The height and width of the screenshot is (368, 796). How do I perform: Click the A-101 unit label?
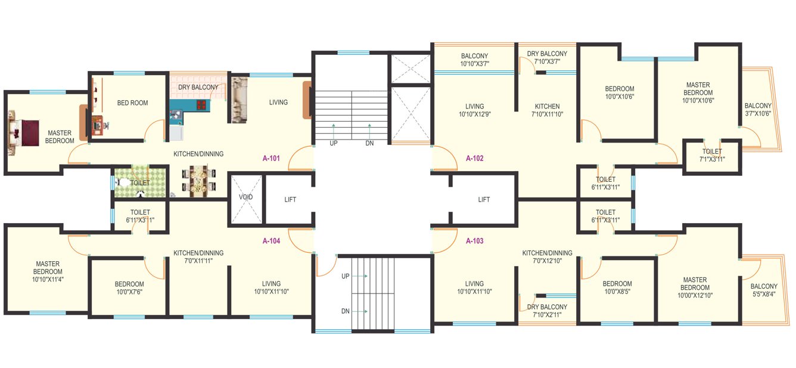click(272, 159)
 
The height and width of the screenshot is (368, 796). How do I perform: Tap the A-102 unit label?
click(474, 159)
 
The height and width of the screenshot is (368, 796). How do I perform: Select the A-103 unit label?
click(474, 241)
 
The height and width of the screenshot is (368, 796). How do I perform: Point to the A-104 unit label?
click(272, 241)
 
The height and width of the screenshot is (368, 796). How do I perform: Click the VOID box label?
click(246, 196)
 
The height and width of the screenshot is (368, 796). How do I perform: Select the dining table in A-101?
click(198, 181)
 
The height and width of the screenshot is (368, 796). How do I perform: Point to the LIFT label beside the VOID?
click(290, 200)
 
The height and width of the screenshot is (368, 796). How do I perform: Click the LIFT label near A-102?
click(484, 200)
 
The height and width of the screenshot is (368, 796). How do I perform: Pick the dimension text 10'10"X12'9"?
click(474, 114)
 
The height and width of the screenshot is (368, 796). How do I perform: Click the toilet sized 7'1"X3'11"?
click(711, 156)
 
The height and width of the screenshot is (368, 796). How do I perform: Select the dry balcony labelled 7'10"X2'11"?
click(547, 311)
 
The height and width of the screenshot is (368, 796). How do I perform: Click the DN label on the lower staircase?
click(346, 311)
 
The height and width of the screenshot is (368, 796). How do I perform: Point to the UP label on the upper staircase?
click(334, 144)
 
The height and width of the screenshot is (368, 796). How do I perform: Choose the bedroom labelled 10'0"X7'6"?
click(129, 288)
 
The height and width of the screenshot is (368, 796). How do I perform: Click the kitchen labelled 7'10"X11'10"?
click(547, 110)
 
